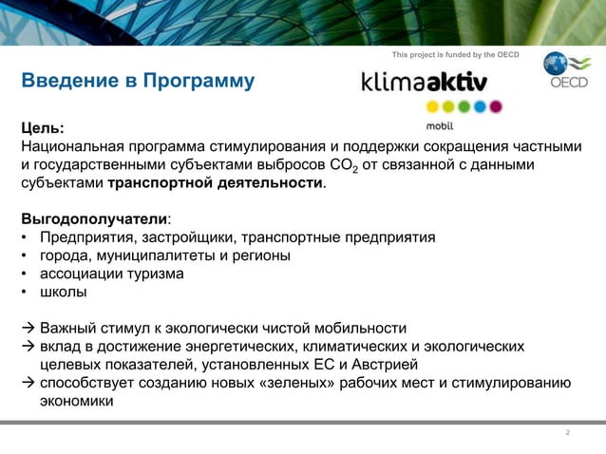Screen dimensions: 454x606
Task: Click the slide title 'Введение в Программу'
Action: coord(138,81)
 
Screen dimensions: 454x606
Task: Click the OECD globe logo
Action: coord(556,64)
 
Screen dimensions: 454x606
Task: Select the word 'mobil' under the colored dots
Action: coord(439,124)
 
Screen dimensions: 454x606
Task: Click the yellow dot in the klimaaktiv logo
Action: coord(433,106)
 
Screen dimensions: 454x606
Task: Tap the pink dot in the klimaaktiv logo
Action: coord(495,106)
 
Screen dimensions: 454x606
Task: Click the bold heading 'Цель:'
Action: coord(44,128)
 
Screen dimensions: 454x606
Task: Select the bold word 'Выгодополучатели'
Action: coord(93,218)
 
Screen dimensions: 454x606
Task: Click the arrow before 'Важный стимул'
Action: coord(28,328)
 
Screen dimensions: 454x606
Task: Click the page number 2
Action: coord(567,433)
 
